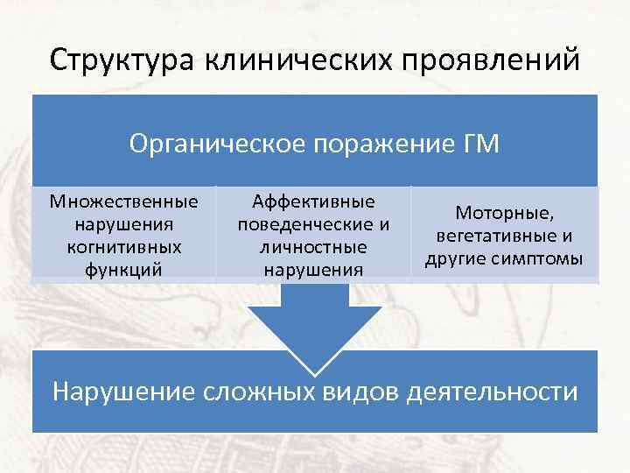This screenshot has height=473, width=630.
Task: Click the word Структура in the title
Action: [x=123, y=60]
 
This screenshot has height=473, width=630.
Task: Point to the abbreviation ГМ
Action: [x=480, y=143]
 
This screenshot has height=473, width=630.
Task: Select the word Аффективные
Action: [x=314, y=202]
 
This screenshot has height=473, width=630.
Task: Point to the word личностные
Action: [x=314, y=248]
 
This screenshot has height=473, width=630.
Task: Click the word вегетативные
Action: [x=493, y=236]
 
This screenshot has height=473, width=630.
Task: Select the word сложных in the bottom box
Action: [x=261, y=391]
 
